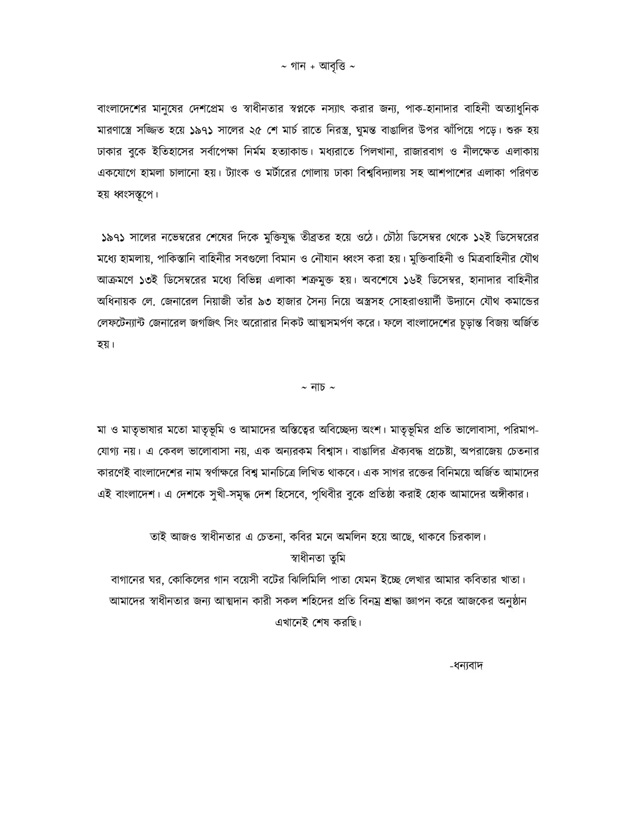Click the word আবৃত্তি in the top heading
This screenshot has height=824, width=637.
(332, 67)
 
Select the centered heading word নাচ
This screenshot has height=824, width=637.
(318, 388)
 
